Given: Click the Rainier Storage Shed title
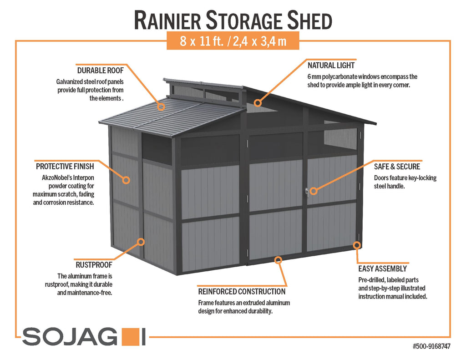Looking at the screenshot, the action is tap(233, 20).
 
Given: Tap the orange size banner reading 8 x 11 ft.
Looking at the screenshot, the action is tap(233, 41).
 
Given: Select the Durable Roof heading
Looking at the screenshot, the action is tap(101, 71).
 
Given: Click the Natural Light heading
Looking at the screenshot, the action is tap(331, 66).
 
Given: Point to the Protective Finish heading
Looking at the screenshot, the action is tap(65, 167).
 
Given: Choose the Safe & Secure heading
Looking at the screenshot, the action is tap(397, 167).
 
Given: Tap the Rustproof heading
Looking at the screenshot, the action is tap(94, 264).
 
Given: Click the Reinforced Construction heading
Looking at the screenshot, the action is tap(242, 292).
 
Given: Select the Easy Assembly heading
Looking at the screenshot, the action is tap(382, 269).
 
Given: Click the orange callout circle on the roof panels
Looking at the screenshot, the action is tap(161, 106).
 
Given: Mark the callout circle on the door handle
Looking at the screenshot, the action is tap(314, 191).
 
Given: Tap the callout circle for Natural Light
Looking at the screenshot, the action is tap(258, 103).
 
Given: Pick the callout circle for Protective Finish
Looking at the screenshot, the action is tap(127, 180).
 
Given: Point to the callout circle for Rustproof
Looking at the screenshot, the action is tap(141, 242).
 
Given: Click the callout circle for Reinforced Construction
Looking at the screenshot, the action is tap(278, 260).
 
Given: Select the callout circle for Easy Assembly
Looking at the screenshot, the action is tap(357, 245).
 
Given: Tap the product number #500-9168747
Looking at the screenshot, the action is tap(431, 346).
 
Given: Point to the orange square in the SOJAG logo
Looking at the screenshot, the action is tap(130, 337).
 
